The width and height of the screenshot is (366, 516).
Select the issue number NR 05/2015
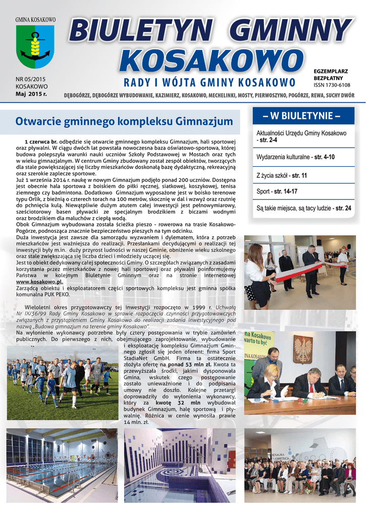(x=31, y=79)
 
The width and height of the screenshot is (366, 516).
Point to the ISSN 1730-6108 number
(x=332, y=86)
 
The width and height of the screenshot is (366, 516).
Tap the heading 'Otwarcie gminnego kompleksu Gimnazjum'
(x=124, y=121)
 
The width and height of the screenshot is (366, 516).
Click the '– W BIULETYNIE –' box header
(x=301, y=116)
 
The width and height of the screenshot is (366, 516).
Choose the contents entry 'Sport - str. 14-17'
(x=277, y=192)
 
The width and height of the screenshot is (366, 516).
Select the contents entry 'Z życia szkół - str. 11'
(x=282, y=175)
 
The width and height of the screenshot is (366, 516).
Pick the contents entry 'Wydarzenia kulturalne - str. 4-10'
(x=295, y=157)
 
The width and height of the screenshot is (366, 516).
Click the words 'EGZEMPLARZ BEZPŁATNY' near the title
(x=328, y=76)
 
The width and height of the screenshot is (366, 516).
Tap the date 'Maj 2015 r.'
(x=31, y=94)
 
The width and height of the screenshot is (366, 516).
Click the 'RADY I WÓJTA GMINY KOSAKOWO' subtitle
(x=210, y=83)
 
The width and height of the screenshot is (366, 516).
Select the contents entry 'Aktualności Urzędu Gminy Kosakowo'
(x=301, y=133)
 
